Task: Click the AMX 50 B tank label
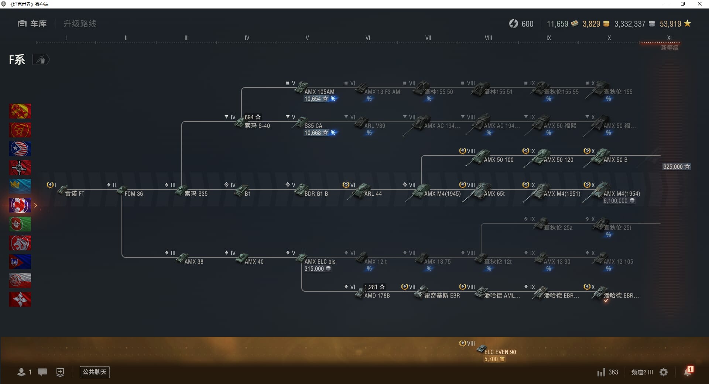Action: point(615,160)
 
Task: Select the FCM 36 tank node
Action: point(134,193)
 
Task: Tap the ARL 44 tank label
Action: point(373,193)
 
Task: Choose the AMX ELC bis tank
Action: point(320,261)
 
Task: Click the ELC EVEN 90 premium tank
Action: point(500,352)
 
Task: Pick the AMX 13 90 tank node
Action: point(557,261)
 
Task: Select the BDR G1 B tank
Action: point(316,193)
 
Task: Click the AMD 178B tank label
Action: point(377,295)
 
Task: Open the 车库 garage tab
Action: point(32,24)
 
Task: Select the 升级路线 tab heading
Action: point(80,24)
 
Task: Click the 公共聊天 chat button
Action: point(95,372)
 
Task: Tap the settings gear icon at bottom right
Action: point(664,372)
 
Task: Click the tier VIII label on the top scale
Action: point(488,38)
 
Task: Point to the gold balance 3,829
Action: point(592,24)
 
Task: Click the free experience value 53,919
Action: point(671,24)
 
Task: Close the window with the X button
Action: point(699,4)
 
